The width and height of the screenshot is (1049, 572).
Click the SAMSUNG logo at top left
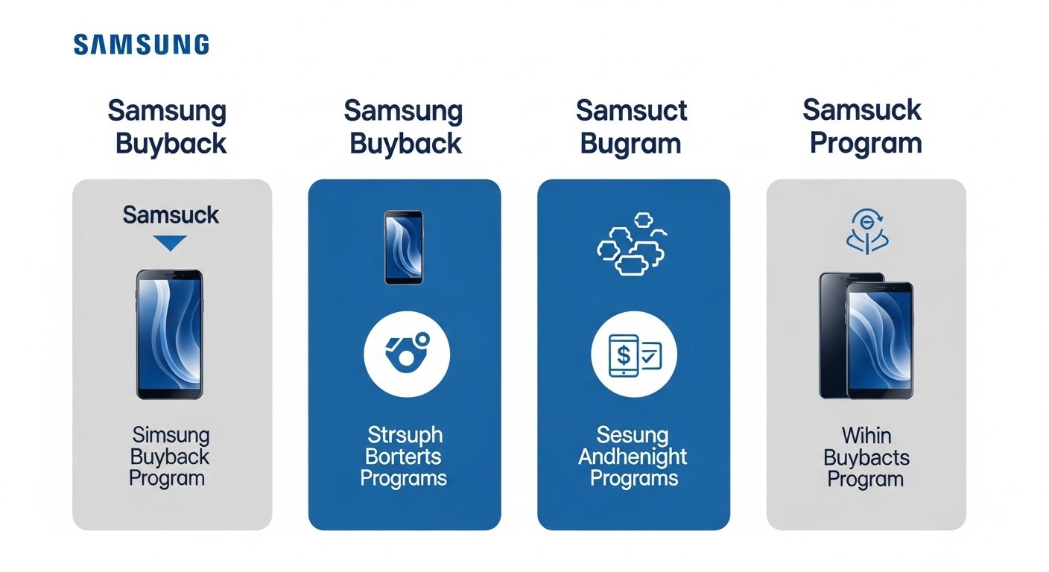point(141,45)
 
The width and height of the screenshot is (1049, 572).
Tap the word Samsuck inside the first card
point(171,215)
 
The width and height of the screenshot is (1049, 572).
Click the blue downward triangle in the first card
point(171,244)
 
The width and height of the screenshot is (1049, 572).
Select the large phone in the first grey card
point(169,334)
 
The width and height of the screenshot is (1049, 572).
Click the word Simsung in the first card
point(171,435)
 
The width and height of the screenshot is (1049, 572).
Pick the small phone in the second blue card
point(404,247)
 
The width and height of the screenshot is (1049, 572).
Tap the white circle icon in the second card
point(407,355)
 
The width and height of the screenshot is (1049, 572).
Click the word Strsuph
point(405,435)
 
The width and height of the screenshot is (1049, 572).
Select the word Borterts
point(405,456)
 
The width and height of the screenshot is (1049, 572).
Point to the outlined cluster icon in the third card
point(632,245)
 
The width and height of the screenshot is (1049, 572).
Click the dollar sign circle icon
point(633,355)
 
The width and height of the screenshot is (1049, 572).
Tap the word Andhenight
point(633,456)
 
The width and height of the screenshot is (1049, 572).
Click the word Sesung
point(633,435)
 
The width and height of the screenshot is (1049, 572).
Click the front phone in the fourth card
point(880,340)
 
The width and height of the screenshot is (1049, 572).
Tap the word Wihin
point(866,435)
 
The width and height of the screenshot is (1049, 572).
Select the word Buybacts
point(866,457)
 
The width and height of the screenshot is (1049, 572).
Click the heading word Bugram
point(630,144)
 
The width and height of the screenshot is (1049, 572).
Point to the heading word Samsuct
point(632,111)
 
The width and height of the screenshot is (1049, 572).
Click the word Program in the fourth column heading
point(866,144)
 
